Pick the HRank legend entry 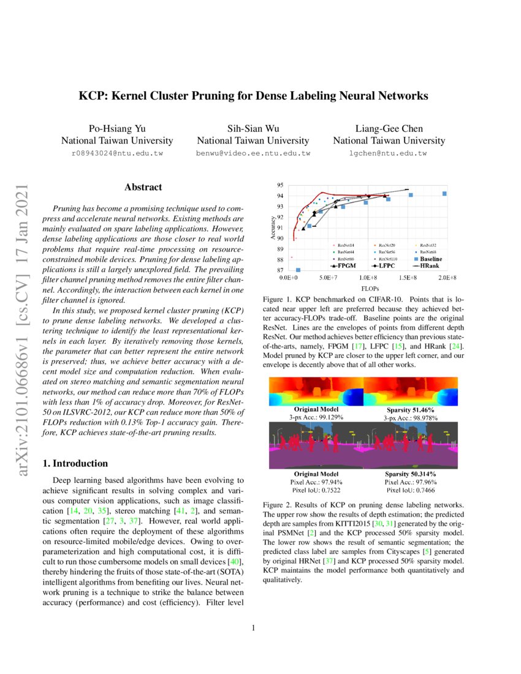click(428, 267)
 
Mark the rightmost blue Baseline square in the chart click(444, 194)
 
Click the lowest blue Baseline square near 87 click(298, 270)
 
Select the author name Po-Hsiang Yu click(116, 128)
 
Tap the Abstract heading click(143, 187)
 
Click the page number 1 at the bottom click(253, 627)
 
